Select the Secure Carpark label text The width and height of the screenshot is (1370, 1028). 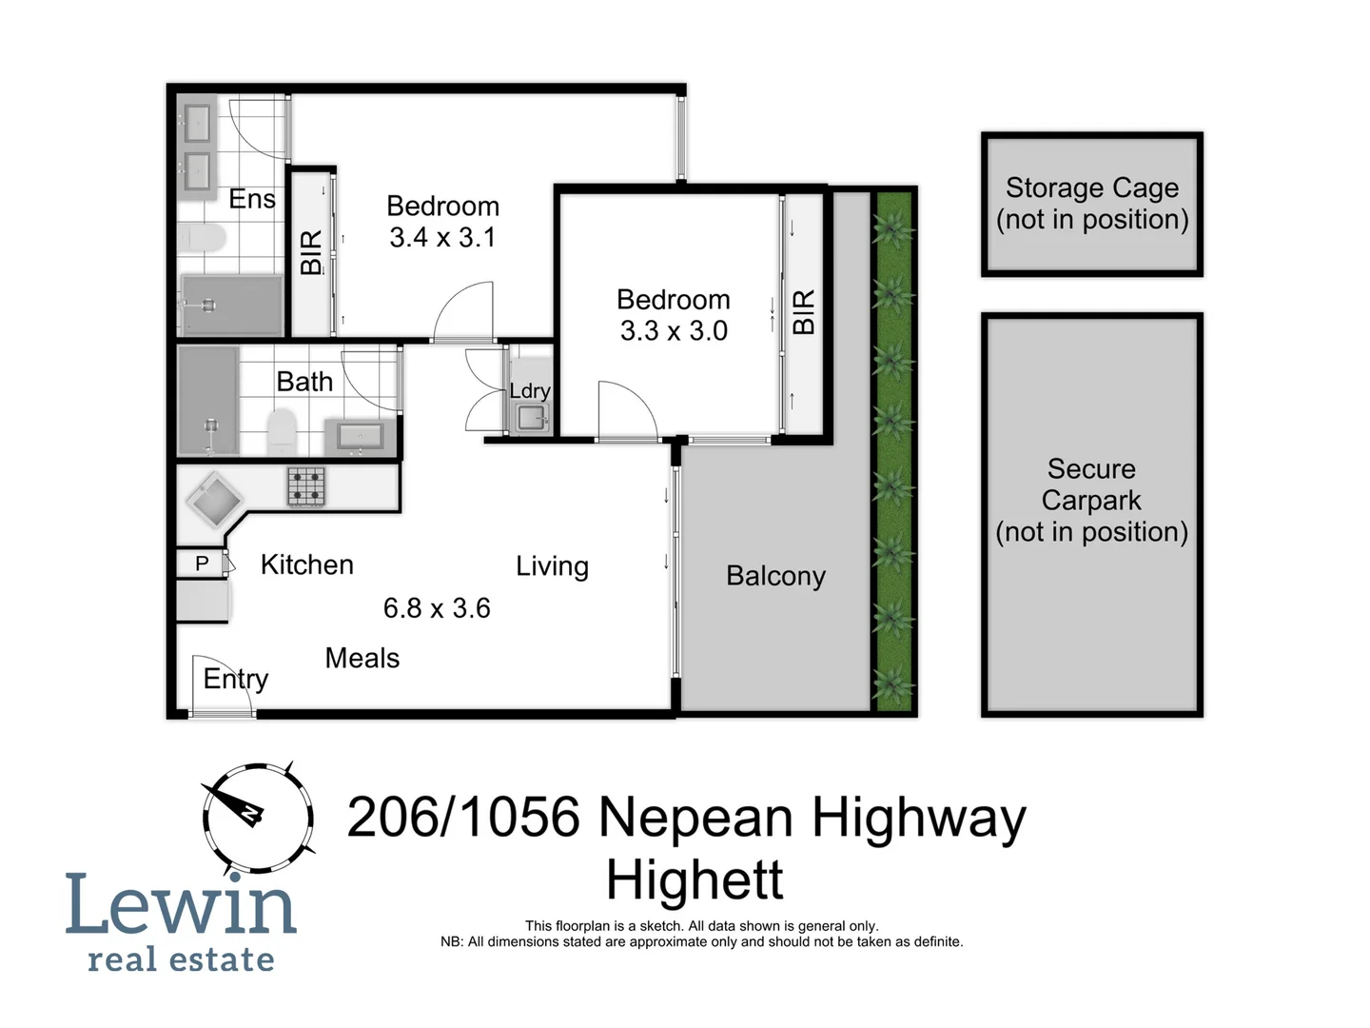point(1091,500)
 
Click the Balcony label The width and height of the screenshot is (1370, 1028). point(775,576)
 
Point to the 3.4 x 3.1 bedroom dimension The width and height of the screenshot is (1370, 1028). point(442,238)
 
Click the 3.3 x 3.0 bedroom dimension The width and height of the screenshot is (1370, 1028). point(674,331)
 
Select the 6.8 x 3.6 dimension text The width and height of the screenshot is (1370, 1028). point(437,608)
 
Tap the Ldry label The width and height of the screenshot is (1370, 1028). point(529,391)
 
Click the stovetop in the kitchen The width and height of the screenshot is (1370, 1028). point(306,486)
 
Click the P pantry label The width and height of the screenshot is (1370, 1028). point(202,563)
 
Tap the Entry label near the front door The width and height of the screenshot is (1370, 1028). point(235,679)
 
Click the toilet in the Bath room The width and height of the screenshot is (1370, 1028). point(282,431)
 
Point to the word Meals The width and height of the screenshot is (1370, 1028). point(362,659)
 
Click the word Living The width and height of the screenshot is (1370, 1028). point(552,566)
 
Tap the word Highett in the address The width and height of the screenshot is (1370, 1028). point(695,880)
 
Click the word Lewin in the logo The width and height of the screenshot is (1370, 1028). point(181,904)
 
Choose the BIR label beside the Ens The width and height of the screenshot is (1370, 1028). point(311,252)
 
